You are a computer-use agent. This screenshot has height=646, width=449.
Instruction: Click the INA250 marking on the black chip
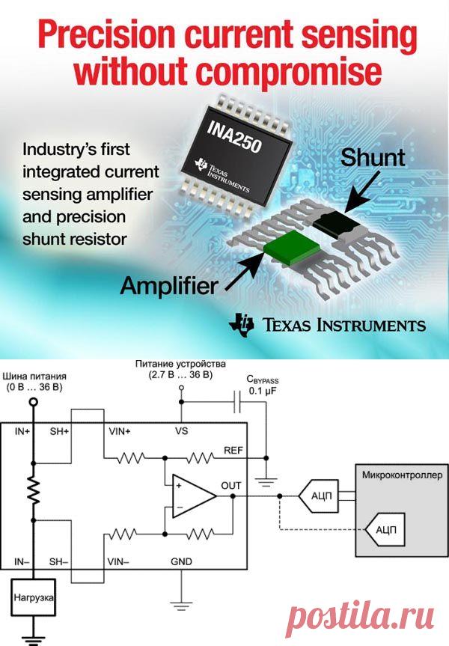(x=236, y=135)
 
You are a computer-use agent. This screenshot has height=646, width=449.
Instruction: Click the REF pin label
(x=233, y=450)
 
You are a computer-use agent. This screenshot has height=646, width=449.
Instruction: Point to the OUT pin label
(x=231, y=486)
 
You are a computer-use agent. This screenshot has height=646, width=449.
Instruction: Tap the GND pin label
(x=181, y=561)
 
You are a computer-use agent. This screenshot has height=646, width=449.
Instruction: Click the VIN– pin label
(x=117, y=561)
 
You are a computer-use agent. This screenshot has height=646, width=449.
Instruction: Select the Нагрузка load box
(x=34, y=599)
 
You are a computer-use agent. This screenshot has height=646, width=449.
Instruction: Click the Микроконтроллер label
(x=401, y=475)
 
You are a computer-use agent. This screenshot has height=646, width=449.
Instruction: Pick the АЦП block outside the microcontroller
(x=317, y=495)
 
